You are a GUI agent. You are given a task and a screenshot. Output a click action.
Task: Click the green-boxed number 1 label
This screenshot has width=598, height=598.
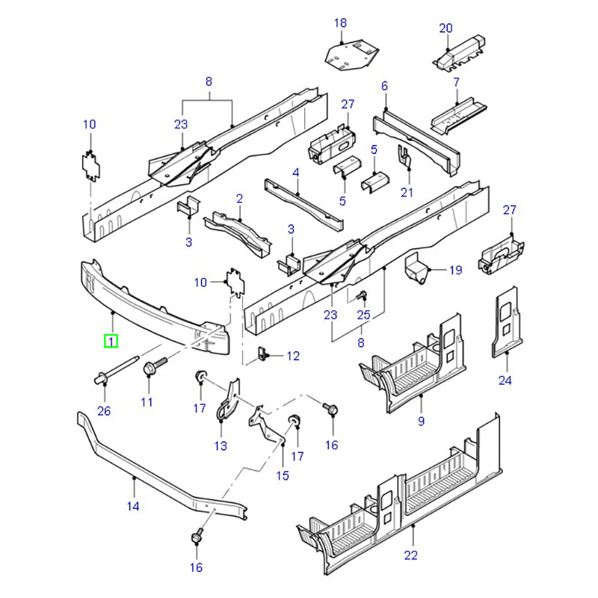pos(111,342)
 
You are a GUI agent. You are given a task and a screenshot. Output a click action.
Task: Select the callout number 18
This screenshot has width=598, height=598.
pos(341,24)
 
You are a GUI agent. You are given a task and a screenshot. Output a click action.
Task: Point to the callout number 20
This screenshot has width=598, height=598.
pos(446,28)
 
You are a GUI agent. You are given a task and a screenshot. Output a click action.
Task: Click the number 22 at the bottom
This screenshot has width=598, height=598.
pos(411,555)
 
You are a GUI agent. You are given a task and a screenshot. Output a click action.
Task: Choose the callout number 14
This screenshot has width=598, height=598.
pos(133,506)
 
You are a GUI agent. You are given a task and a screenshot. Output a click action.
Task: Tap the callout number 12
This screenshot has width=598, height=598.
pos(292,357)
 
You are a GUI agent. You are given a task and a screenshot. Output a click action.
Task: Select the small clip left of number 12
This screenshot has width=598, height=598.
pos(263,354)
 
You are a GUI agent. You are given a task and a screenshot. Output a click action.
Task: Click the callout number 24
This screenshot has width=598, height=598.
pos(505,380)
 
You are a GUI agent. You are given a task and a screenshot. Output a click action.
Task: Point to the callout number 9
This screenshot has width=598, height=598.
pos(421,422)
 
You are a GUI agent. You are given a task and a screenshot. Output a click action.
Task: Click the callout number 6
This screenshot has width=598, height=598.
pos(384,86)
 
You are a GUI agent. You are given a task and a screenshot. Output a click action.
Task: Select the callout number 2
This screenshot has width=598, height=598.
pos(239,198)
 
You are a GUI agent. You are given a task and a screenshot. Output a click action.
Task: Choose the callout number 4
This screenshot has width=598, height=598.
pos(296,173)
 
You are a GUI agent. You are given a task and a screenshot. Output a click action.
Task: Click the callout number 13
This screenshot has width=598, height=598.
pos(221,446)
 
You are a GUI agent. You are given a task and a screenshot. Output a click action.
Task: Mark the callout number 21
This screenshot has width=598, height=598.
pos(407,192)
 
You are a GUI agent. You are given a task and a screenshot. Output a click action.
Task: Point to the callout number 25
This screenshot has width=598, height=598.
pos(364,315)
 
